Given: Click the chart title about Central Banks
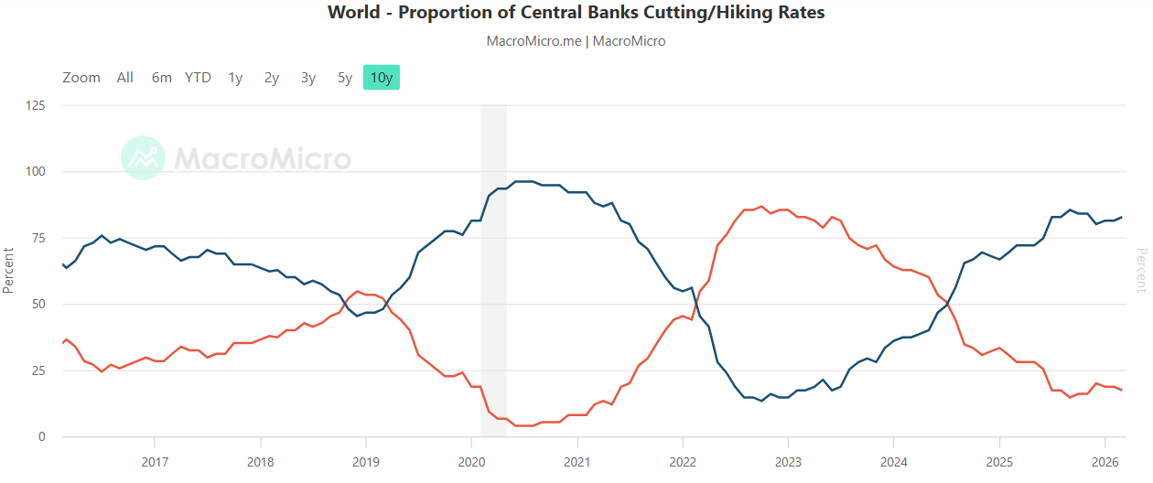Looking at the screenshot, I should tap(576, 13).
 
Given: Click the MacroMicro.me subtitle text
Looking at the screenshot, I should tap(576, 41).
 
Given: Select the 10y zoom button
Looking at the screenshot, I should tap(382, 78).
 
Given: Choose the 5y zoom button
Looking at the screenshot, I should tap(345, 78).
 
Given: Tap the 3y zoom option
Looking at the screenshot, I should tap(308, 78).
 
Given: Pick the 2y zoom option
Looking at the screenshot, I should tap(272, 78).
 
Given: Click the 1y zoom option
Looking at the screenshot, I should tap(235, 78).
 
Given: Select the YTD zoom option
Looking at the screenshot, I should tap(198, 78).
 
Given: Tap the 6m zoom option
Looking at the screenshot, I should tap(162, 78).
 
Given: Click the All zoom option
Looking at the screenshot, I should tap(125, 78).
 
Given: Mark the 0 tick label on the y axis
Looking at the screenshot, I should tap(40, 437).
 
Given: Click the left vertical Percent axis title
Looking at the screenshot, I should tap(8, 269).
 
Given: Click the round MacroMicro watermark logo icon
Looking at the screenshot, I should tap(143, 158).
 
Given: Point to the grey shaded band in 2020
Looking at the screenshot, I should tap(493, 274).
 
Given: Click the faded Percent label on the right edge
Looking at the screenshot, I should tap(1141, 269).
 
